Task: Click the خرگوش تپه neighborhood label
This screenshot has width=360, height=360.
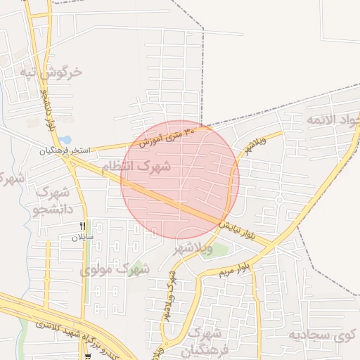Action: [x=51, y=72]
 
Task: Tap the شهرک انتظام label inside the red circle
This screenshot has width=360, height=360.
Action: [x=135, y=167]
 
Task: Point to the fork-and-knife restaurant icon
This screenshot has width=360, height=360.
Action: [x=83, y=226]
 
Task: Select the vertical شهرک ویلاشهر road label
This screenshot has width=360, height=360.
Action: [x=172, y=292]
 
